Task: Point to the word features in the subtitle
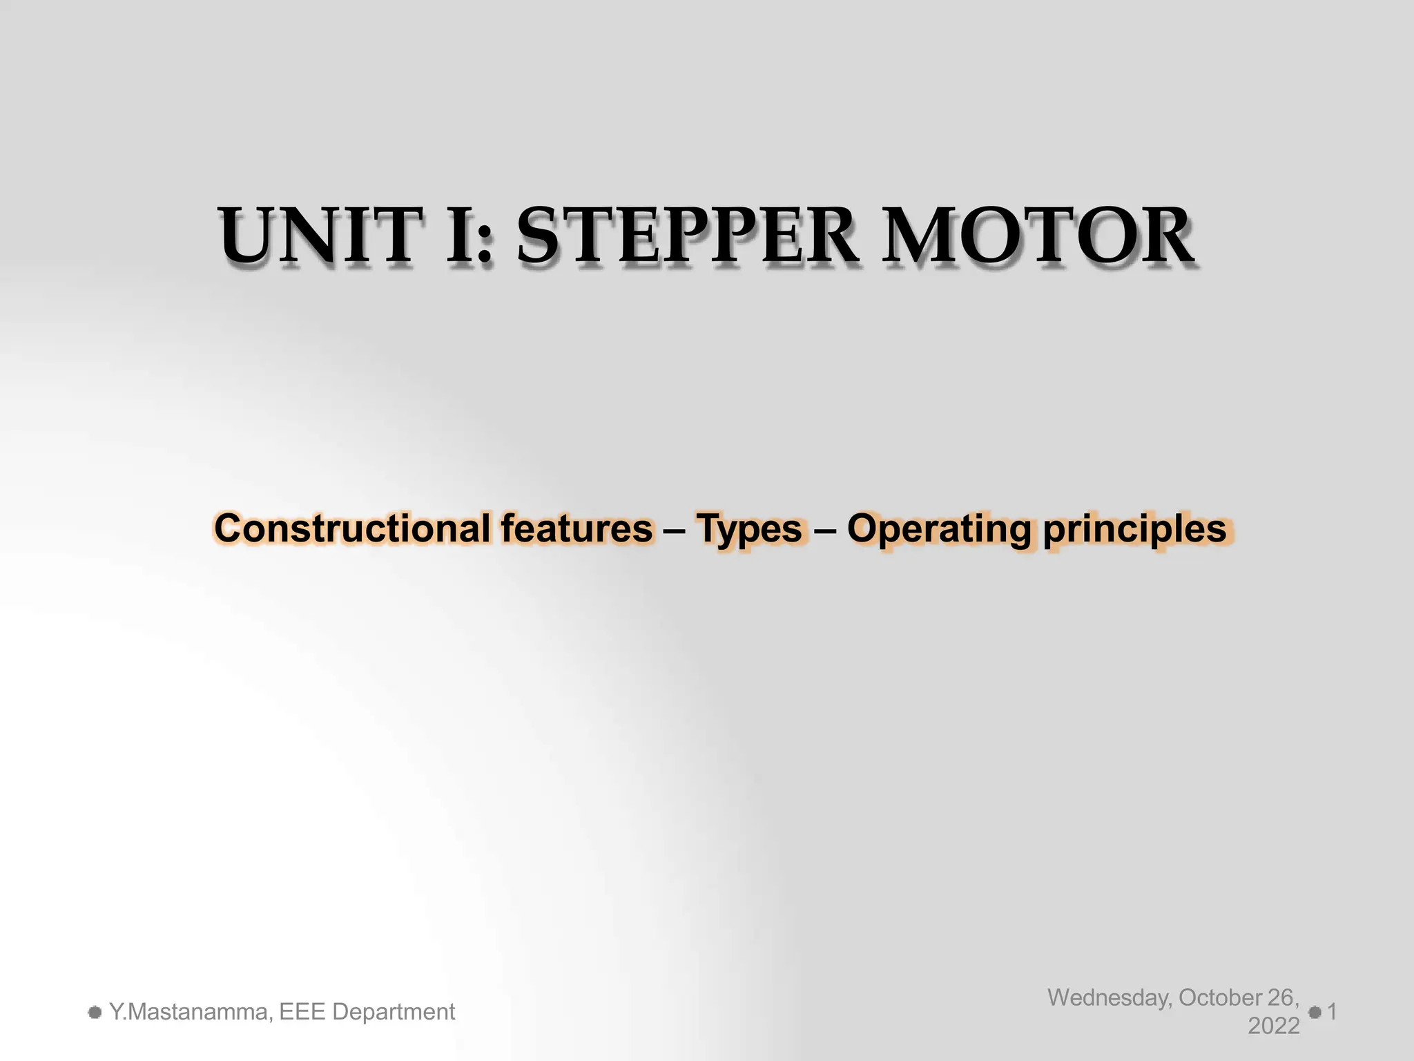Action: pos(577,529)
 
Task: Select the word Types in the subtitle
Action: pos(749,529)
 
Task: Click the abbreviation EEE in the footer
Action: pos(301,1012)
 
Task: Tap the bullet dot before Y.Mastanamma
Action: pos(95,1013)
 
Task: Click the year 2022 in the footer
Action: pos(1274,1026)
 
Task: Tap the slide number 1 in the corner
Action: pos(1333,1013)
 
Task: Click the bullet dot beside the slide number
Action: pos(1315,1013)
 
